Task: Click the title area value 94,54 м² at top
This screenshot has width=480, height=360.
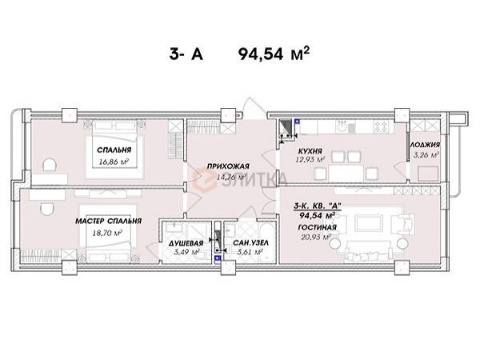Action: point(274,55)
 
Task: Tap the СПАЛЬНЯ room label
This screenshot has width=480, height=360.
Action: point(114,150)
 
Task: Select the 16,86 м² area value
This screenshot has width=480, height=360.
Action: point(114,162)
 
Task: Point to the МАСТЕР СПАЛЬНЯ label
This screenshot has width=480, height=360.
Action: point(108,221)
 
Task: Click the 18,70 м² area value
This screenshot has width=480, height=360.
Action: point(107,233)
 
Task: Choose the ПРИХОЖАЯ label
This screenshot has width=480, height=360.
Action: point(228,166)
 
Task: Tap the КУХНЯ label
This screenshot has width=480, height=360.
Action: point(310,151)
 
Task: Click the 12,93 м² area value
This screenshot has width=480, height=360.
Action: point(310,159)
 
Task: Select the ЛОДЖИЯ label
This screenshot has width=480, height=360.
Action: point(425,145)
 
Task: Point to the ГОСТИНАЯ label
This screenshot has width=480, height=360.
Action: point(317,227)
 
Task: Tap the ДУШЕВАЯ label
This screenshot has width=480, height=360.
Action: point(186,243)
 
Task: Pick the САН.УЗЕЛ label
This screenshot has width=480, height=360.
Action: point(250,243)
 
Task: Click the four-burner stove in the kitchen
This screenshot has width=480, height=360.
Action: point(381,126)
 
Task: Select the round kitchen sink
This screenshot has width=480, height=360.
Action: point(341,126)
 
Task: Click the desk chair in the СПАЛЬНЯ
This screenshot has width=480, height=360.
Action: point(50,165)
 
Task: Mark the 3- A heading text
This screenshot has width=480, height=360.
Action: point(186,55)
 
